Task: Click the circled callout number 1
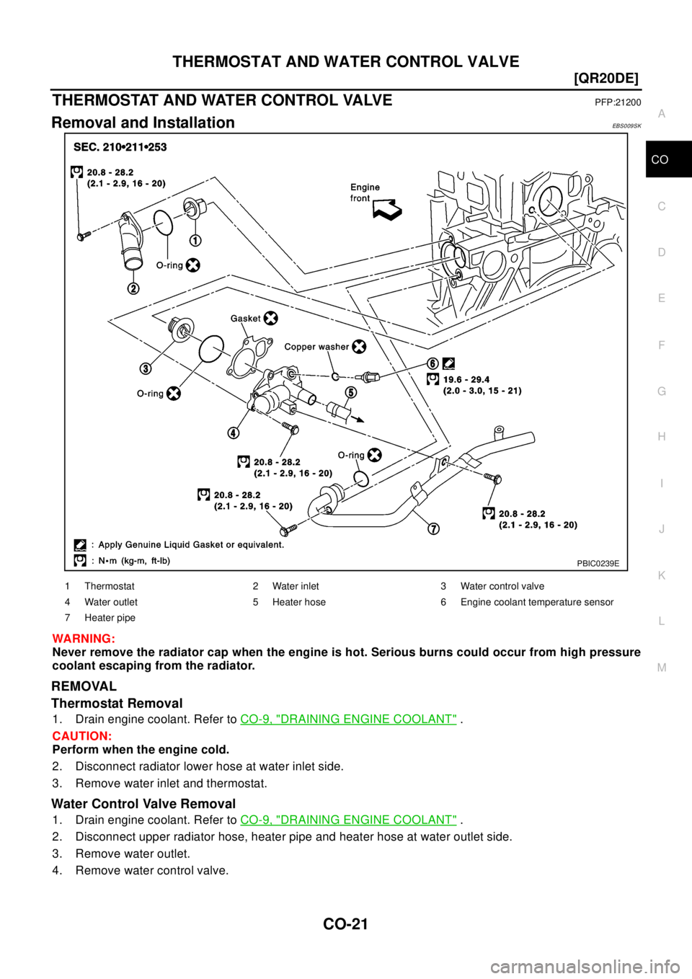[x=195, y=240]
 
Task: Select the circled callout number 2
[x=134, y=288]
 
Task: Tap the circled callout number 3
[x=146, y=368]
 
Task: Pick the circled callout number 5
[x=350, y=392]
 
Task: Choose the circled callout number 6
[x=432, y=363]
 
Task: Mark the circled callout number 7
[x=433, y=528]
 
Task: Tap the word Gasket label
[x=246, y=318]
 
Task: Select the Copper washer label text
[x=316, y=347]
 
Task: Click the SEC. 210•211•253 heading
[x=120, y=147]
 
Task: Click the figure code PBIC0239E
[x=598, y=564]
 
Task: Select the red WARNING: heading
[x=84, y=639]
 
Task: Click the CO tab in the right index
[x=660, y=160]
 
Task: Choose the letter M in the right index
[x=662, y=668]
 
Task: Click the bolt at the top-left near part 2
[x=84, y=235]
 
